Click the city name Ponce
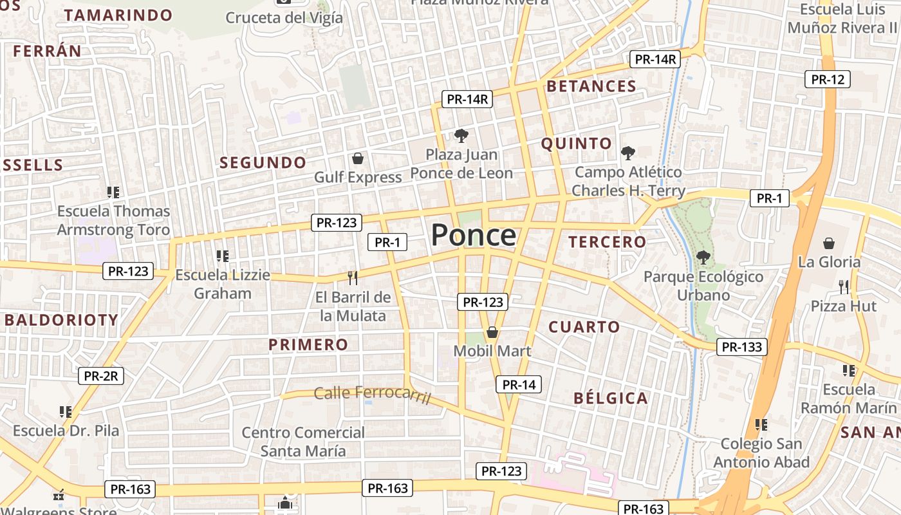473,236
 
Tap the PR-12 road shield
827,79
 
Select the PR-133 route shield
742,347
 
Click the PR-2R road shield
101,376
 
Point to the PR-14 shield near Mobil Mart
519,385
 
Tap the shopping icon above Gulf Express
357,158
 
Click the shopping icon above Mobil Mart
492,332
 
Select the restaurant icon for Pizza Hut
844,286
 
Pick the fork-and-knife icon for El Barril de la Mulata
352,277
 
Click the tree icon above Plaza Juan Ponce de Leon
461,135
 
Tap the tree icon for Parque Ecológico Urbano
703,257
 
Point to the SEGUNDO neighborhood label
263,163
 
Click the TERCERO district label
607,242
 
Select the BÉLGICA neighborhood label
610,398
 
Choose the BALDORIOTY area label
62,320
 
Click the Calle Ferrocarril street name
372,393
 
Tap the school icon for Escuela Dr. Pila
65,411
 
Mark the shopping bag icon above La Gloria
829,243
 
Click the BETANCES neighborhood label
591,86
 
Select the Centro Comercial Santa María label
303,442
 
